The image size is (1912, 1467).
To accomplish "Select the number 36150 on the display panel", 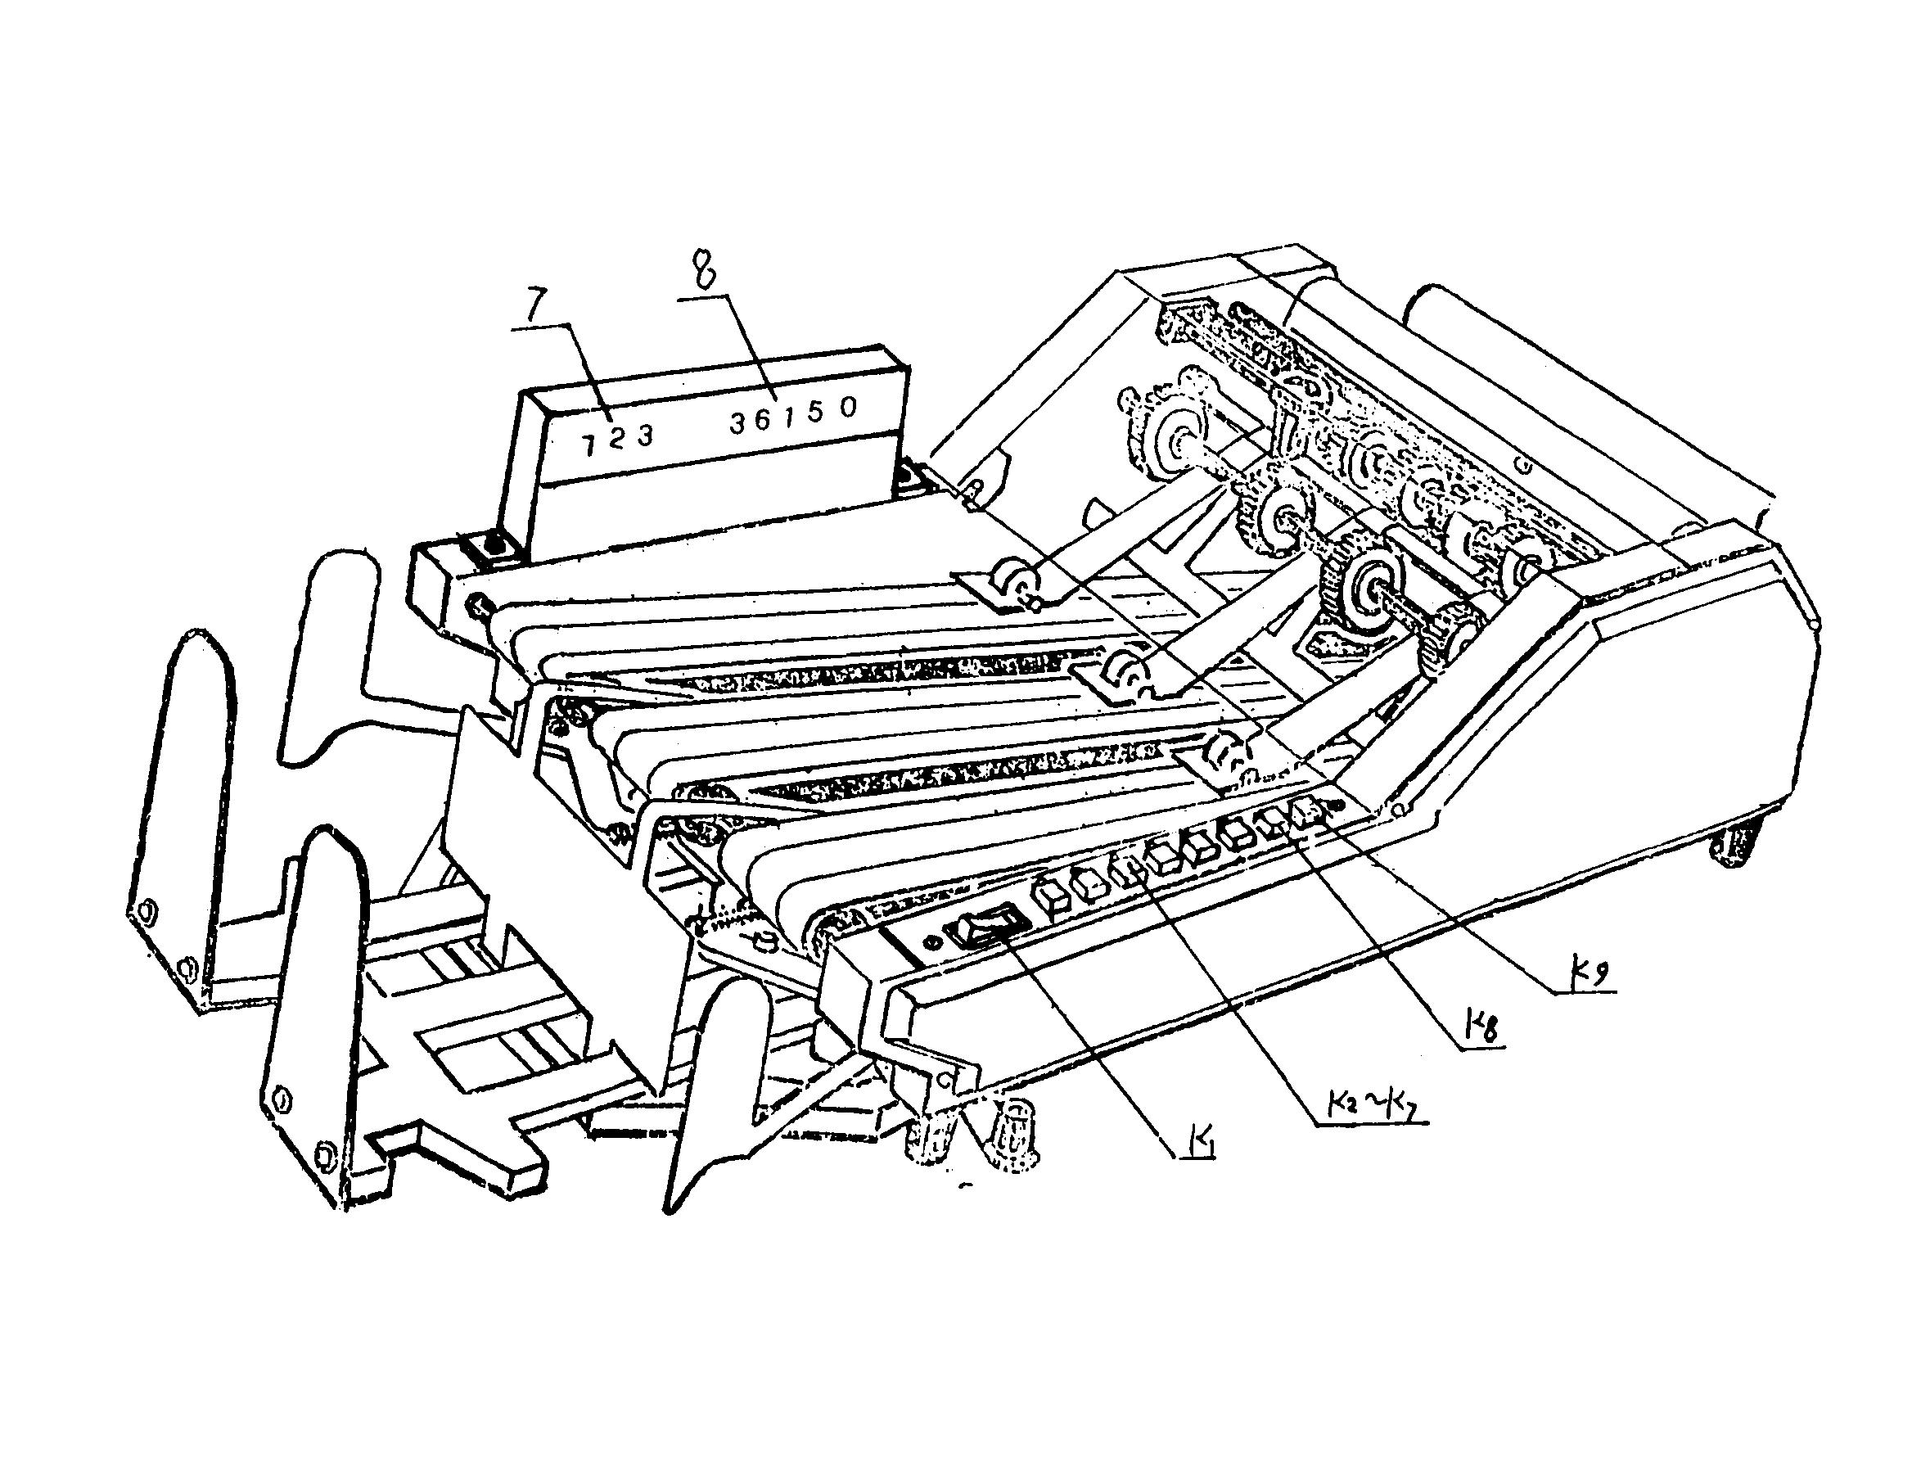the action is [794, 416].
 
